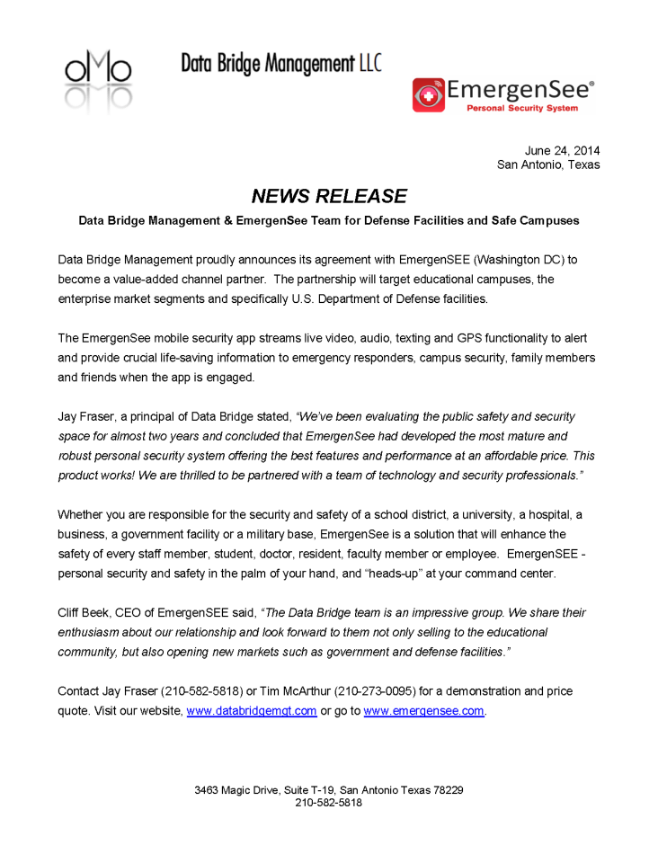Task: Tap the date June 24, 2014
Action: [x=562, y=150]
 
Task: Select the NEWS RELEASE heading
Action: [x=328, y=196]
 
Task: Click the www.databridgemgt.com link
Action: [x=251, y=710]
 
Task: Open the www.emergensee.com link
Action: [x=423, y=710]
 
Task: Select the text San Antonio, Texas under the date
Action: [x=548, y=165]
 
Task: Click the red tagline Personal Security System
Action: [x=520, y=108]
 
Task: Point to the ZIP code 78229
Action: [x=447, y=790]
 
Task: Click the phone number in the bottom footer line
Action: [x=328, y=803]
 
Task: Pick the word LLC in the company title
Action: [x=369, y=63]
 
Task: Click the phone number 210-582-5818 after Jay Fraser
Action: [x=196, y=691]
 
